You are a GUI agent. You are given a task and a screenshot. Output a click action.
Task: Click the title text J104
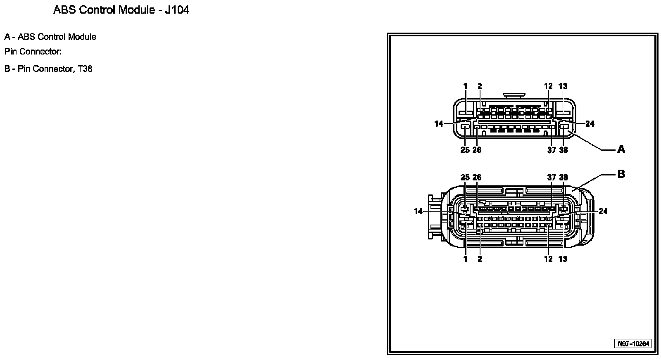(x=177, y=10)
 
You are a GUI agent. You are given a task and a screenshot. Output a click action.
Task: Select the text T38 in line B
(x=85, y=69)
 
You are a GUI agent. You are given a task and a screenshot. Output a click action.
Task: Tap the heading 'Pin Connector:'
(x=33, y=52)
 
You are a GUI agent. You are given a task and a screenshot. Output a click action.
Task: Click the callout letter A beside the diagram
(x=621, y=149)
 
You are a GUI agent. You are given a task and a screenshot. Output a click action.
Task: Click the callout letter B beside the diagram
(x=621, y=174)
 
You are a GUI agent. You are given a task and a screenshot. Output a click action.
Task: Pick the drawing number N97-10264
(x=634, y=344)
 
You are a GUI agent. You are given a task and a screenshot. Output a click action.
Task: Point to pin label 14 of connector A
(x=439, y=124)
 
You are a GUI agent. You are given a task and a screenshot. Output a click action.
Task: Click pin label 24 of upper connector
(x=590, y=124)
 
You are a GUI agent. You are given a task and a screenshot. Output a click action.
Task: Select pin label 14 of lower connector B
(x=418, y=211)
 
